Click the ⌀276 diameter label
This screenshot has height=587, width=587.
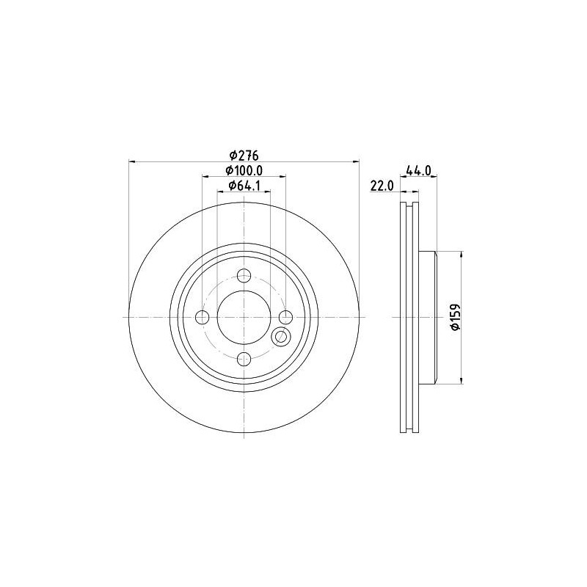coord(244,155)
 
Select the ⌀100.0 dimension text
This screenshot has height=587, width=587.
coord(244,170)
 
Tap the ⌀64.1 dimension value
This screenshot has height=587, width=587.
coord(244,186)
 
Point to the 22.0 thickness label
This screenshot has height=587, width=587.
coord(382,186)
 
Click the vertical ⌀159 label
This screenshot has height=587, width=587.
coord(455,317)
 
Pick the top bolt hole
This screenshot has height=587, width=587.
coord(244,276)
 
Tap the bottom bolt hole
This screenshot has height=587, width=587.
coord(244,359)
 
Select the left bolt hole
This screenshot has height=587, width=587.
coord(203,318)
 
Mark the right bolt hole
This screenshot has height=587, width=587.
coord(286,318)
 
